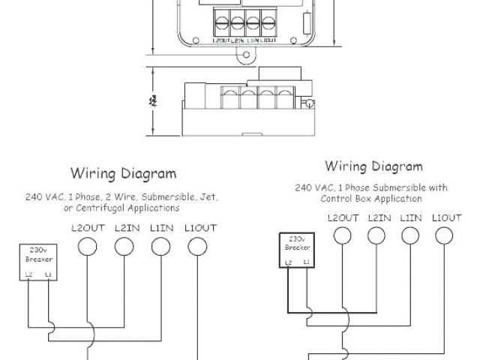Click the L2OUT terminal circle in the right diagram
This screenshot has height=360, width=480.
343,235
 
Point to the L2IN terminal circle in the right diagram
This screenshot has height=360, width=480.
376,235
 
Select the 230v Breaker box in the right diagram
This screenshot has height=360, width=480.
296,250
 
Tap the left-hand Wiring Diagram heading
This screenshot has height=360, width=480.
124,174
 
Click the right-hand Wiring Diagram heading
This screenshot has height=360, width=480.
373,166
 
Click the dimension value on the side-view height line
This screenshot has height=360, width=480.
152,99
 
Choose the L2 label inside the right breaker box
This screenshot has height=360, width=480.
288,262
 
